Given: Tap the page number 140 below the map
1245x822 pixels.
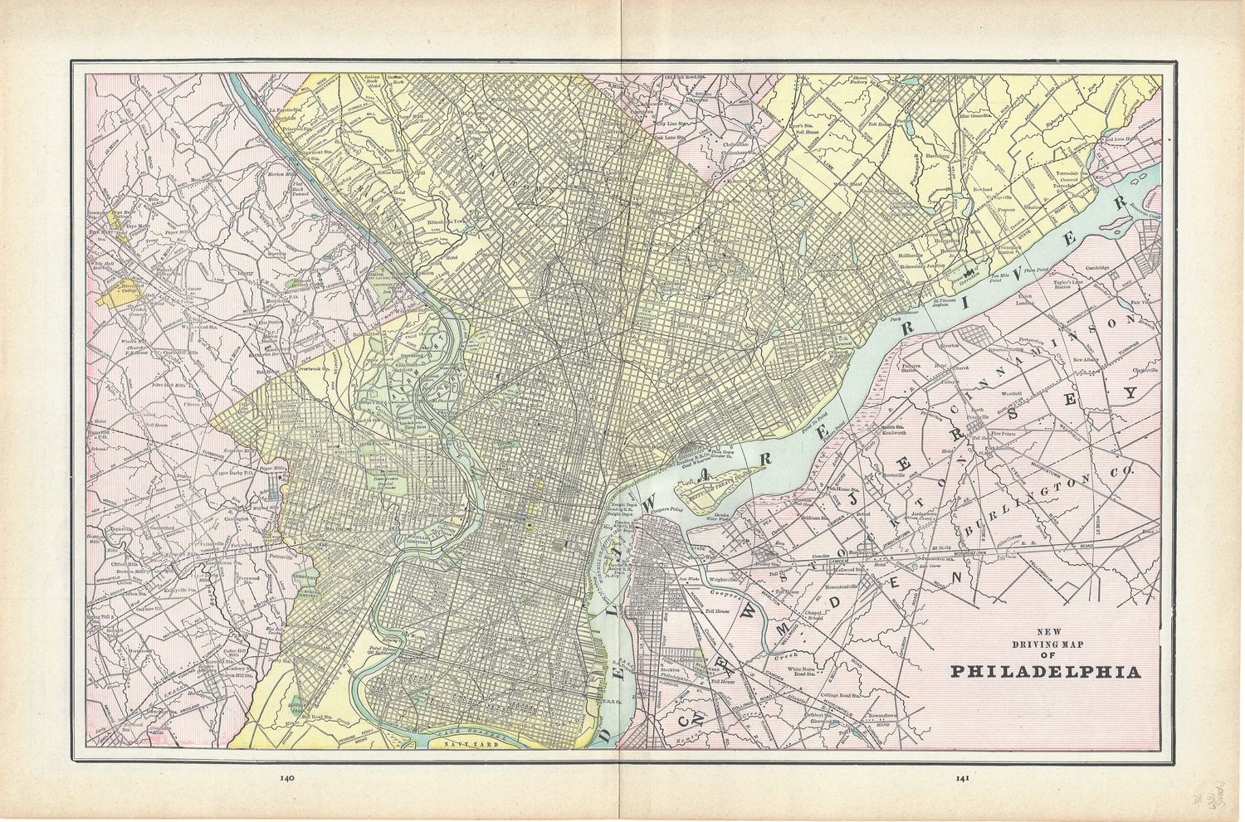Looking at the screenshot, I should click(288, 778).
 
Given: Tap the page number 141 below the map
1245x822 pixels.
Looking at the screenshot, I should click(962, 778).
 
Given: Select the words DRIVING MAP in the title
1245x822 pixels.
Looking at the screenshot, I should click(1033, 644).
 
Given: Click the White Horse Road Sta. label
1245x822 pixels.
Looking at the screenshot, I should click(814, 672).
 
